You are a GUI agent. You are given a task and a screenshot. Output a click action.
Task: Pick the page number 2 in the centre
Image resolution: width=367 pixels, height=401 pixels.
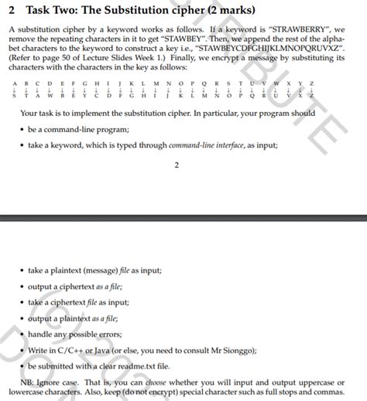[177, 165]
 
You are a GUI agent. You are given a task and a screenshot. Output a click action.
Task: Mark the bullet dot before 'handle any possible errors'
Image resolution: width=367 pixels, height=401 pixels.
[21, 335]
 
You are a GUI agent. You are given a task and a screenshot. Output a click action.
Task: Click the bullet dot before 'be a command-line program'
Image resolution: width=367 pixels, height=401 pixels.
[21, 129]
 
